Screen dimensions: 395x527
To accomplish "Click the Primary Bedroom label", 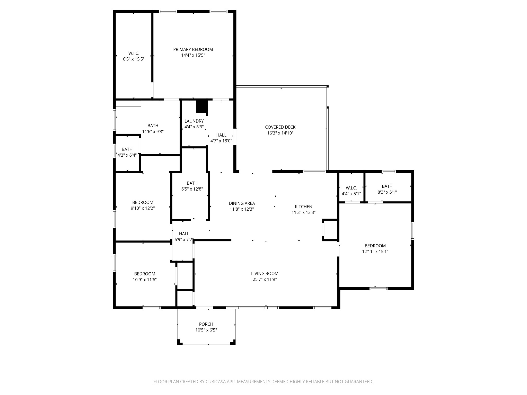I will pos(193,49).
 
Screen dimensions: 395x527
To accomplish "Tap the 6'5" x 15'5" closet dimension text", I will pos(134,59).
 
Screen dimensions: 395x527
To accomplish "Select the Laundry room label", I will pos(194,121).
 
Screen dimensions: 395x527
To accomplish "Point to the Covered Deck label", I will pos(280,127).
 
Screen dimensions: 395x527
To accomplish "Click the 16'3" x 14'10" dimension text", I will pos(280,133).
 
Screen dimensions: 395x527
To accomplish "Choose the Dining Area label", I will pos(242,203).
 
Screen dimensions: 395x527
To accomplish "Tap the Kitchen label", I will pos(303,207).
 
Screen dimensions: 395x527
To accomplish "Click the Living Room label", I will pos(265,274).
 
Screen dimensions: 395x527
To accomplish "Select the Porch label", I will pos(206,324).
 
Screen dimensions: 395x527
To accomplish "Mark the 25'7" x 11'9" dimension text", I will pos(265,280).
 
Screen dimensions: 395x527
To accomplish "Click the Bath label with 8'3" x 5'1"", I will pos(387,186).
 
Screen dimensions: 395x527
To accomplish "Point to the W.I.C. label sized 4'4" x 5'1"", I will pos(351,188).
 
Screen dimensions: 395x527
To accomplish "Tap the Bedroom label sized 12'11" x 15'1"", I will pos(375,246).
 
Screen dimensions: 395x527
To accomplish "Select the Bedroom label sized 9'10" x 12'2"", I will pos(143,202).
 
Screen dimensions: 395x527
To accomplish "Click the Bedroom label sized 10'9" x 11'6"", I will pos(145,274).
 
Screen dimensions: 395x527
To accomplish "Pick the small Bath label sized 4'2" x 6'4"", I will pos(127,149).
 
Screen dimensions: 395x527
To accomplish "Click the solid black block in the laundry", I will pos(201,106).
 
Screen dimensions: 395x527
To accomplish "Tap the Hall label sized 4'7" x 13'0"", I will pos(221,135).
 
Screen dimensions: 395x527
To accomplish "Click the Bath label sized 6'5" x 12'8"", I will pos(192,183).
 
